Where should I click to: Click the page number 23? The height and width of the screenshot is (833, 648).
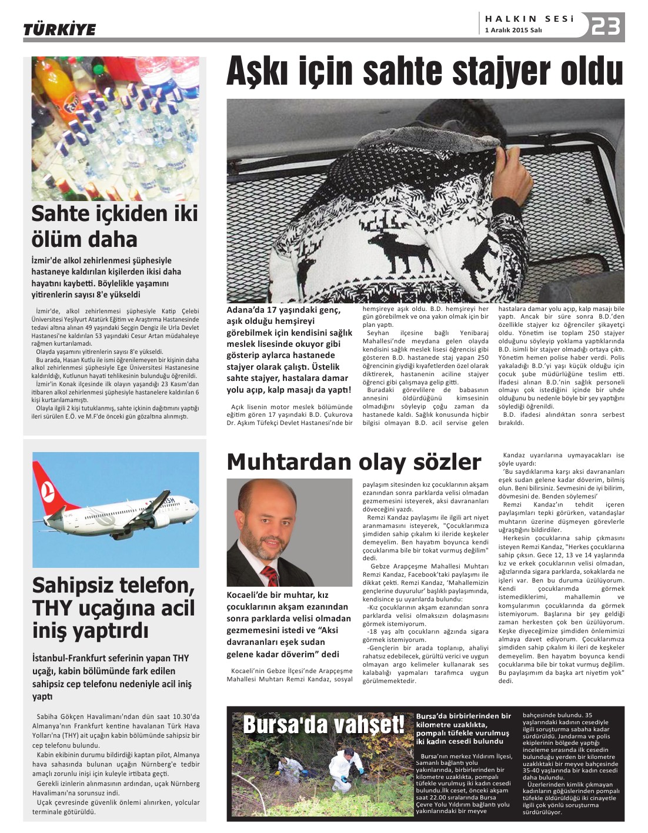click(x=606, y=26)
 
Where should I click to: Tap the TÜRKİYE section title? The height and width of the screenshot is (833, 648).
click(x=59, y=29)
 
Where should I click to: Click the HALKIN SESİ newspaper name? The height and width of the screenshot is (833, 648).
click(x=529, y=19)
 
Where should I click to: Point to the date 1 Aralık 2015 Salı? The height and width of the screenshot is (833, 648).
click(x=513, y=31)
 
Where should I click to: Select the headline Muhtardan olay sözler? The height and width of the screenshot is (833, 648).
click(x=353, y=462)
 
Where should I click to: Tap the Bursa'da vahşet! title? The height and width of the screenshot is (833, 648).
click(x=323, y=725)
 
